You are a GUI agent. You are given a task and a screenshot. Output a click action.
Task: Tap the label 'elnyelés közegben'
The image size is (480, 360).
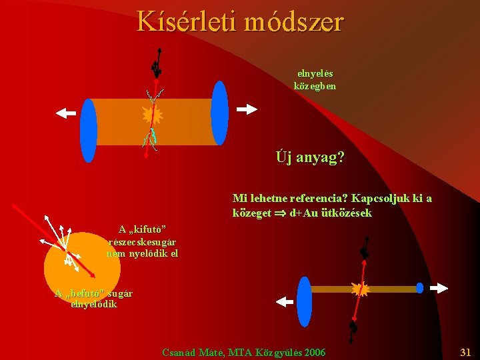pyautogui.click(x=315, y=79)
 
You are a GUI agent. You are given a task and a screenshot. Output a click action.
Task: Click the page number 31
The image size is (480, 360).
pyautogui.click(x=465, y=351)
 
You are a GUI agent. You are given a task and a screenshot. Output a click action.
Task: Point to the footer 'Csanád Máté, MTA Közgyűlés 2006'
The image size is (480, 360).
pyautogui.click(x=244, y=351)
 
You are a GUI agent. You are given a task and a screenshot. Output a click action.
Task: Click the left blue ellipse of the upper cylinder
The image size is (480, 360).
pyautogui.click(x=89, y=130)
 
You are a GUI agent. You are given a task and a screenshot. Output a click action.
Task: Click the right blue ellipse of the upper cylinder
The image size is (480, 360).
pyautogui.click(x=219, y=113)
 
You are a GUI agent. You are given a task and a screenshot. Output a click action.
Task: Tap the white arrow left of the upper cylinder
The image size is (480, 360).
pyautogui.click(x=66, y=113)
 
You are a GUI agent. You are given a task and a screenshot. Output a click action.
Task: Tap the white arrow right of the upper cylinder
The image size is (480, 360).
pyautogui.click(x=247, y=109)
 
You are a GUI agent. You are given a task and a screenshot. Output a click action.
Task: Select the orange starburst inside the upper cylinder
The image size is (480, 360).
pyautogui.click(x=153, y=115)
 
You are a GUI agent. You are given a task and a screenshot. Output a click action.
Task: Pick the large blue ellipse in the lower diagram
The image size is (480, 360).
pyautogui.click(x=304, y=301)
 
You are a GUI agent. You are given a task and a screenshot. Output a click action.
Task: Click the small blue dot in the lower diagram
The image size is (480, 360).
pyautogui.click(x=419, y=288)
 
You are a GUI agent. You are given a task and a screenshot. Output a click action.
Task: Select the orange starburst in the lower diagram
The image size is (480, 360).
pyautogui.click(x=360, y=289)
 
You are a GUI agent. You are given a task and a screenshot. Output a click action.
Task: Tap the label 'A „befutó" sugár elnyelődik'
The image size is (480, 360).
pyautogui.click(x=95, y=298)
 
